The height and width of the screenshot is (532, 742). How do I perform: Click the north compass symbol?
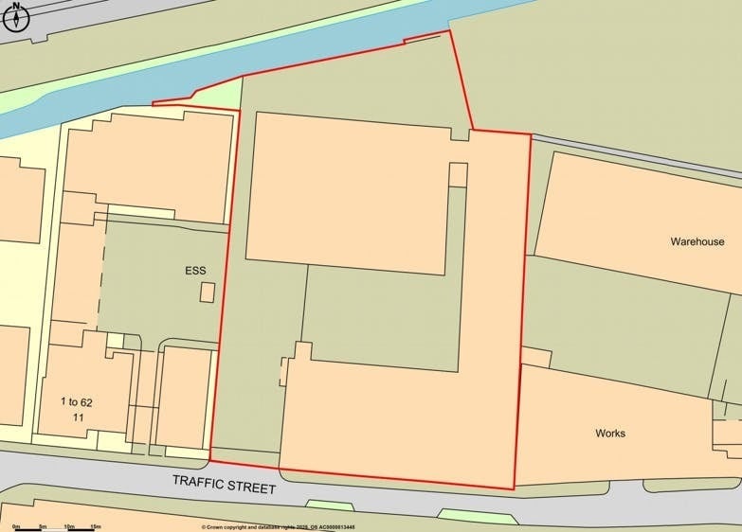17,16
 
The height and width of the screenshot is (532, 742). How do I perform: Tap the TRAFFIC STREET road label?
225,484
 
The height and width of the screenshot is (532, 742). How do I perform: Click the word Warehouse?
697,242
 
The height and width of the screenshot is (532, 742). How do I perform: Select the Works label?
610,434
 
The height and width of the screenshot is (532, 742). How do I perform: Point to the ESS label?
195,271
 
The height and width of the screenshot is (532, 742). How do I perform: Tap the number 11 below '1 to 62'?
80,417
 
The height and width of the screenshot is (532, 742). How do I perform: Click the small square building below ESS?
207,293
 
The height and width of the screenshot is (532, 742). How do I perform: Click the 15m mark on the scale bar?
96,525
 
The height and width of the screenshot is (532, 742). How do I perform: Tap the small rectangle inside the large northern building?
458,175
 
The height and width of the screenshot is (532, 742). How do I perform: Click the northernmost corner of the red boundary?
448,31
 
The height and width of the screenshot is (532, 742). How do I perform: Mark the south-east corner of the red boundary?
514,488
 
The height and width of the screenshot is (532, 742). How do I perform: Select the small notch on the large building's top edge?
460,134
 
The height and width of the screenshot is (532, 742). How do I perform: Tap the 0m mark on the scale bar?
16,525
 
